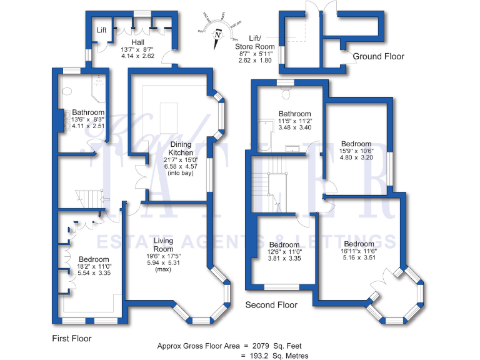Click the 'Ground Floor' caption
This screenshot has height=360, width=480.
point(379,56)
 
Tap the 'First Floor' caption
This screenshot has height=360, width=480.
point(71,338)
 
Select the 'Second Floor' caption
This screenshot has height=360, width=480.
point(271,305)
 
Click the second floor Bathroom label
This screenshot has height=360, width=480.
point(294,114)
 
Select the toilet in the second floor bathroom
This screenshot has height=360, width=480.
point(287,92)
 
